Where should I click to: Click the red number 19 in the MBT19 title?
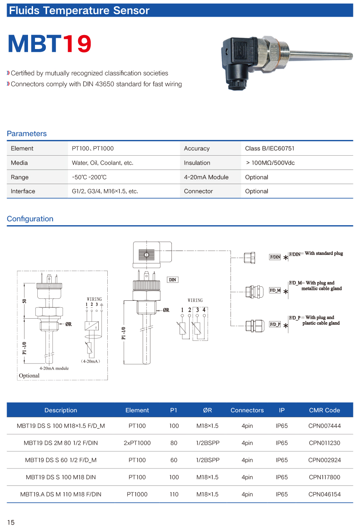[77, 44]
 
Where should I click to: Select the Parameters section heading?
[27, 133]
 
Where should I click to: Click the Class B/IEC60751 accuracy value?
[270, 149]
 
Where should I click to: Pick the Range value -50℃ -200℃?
[89, 177]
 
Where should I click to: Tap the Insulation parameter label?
[197, 163]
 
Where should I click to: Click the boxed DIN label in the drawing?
[173, 280]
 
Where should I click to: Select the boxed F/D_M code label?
[275, 290]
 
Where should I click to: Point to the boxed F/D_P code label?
[275, 324]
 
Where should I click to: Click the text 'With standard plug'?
[324, 253]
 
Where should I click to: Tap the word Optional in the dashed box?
[29, 375]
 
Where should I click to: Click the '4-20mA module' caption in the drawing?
[54, 368]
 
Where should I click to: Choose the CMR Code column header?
[325, 410]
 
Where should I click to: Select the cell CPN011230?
[325, 443]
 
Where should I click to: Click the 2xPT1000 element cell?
[137, 443]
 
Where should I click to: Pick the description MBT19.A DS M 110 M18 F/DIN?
[61, 494]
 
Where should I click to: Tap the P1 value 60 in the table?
[174, 460]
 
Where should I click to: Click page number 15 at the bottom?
[11, 522]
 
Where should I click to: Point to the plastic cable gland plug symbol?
[255, 326]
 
